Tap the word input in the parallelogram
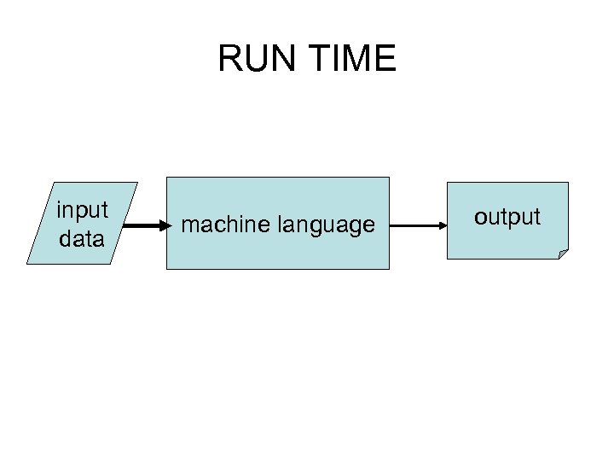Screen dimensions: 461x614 (82, 210)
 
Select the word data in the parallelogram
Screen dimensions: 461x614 (82, 239)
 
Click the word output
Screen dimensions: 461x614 (507, 217)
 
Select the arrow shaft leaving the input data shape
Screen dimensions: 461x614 (142, 226)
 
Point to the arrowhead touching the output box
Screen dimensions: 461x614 (443, 225)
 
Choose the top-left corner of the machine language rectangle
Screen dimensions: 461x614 (166, 178)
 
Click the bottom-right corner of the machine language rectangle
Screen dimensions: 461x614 (389, 269)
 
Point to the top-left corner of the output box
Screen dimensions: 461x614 (448, 183)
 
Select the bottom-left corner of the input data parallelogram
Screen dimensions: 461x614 (27, 264)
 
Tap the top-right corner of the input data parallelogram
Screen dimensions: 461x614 (137, 183)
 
